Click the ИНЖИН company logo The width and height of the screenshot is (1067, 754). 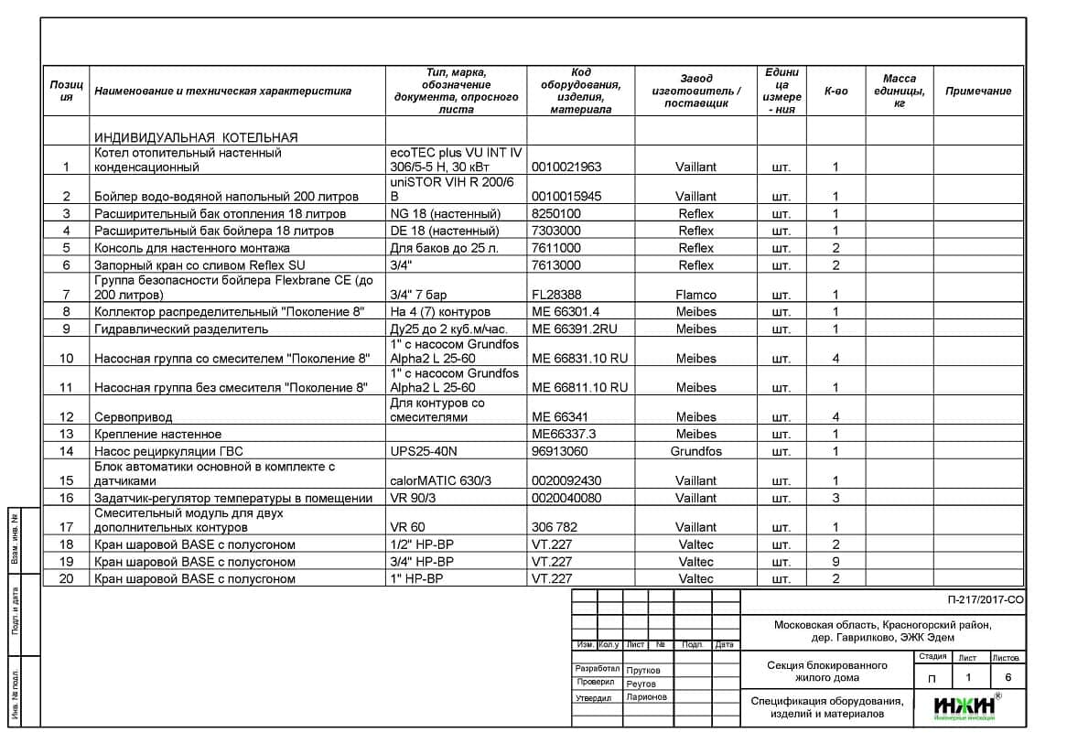966,707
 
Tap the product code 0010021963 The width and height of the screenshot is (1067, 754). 566,167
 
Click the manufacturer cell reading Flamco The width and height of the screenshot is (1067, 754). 695,295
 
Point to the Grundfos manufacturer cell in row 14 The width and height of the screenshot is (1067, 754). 695,451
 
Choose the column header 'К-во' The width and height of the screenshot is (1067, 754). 835,92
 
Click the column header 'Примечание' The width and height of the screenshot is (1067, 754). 977,92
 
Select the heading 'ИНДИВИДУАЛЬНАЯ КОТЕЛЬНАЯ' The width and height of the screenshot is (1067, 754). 196,137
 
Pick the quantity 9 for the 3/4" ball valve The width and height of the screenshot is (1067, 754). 835,562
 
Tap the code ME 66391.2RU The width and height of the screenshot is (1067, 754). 575,329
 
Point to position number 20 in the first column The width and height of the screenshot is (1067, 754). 66,579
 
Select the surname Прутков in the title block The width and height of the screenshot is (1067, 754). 643,670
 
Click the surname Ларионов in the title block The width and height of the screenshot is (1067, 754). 647,697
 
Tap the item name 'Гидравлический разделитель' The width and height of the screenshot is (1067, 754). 181,329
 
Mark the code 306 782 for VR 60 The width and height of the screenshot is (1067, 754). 555,527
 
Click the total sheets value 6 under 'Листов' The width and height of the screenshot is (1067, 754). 1008,678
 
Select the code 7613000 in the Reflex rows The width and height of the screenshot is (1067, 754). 556,265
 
